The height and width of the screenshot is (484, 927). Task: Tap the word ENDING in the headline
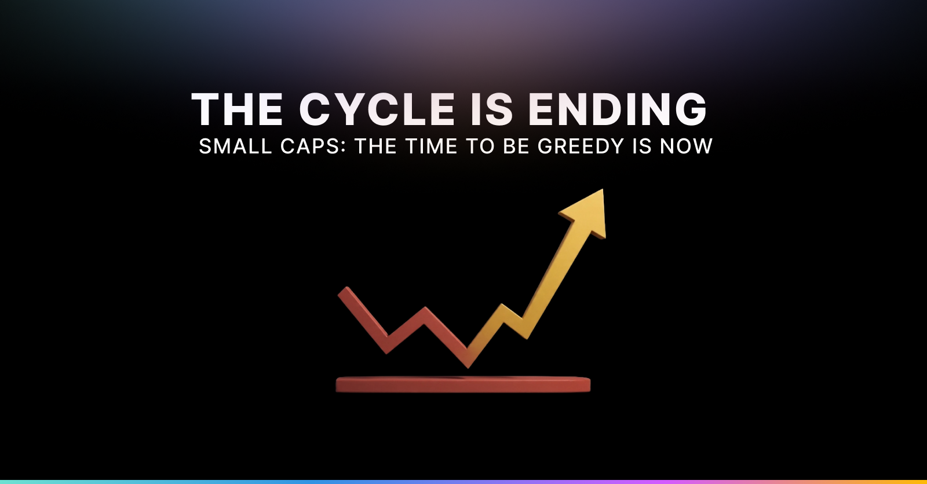pos(618,109)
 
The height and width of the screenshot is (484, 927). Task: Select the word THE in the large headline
pos(237,109)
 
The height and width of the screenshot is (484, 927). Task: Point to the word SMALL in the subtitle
pos(235,146)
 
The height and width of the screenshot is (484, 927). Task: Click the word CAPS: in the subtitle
pos(313,146)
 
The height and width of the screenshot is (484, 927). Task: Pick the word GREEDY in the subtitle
pos(581,146)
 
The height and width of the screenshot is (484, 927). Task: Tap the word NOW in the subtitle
pos(686,146)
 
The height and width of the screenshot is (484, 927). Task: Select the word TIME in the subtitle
pos(431,146)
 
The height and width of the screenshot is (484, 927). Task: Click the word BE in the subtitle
pos(516,146)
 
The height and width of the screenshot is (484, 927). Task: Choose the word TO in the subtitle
pos(480,146)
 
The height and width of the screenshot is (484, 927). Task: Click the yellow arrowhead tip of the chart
pos(603,190)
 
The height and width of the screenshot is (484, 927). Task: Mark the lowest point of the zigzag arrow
pos(468,366)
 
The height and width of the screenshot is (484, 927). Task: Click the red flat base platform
pos(463,384)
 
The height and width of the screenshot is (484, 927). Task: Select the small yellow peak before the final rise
pos(502,307)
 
